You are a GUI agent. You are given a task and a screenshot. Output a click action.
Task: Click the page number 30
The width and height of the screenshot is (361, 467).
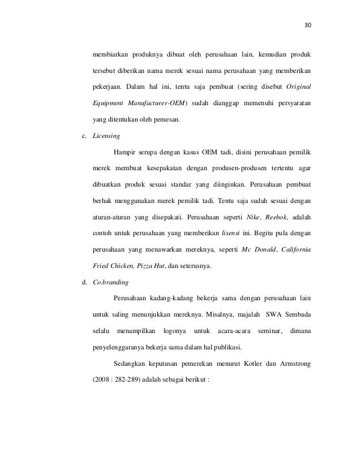[x=308, y=25]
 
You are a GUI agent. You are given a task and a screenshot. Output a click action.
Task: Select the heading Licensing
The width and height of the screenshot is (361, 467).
[x=106, y=137]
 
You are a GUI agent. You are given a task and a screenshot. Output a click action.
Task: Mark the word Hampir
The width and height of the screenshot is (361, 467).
[x=126, y=153]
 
